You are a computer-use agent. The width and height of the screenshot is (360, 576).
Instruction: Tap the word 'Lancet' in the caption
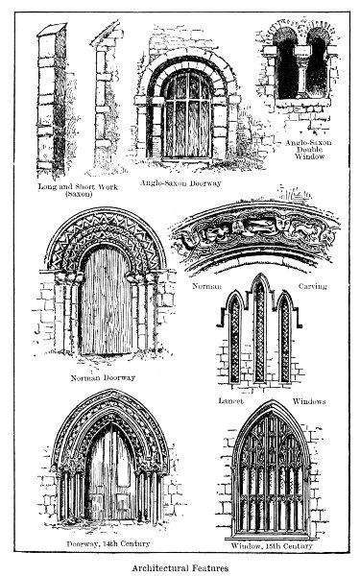tap(228, 400)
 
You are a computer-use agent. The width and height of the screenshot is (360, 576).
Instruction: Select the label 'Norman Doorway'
tap(104, 377)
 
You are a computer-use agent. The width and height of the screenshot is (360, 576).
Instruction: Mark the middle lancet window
tap(259, 331)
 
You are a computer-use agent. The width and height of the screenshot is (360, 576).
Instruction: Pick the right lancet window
tap(285, 338)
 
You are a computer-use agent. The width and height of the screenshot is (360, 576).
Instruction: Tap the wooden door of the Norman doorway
tap(107, 302)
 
